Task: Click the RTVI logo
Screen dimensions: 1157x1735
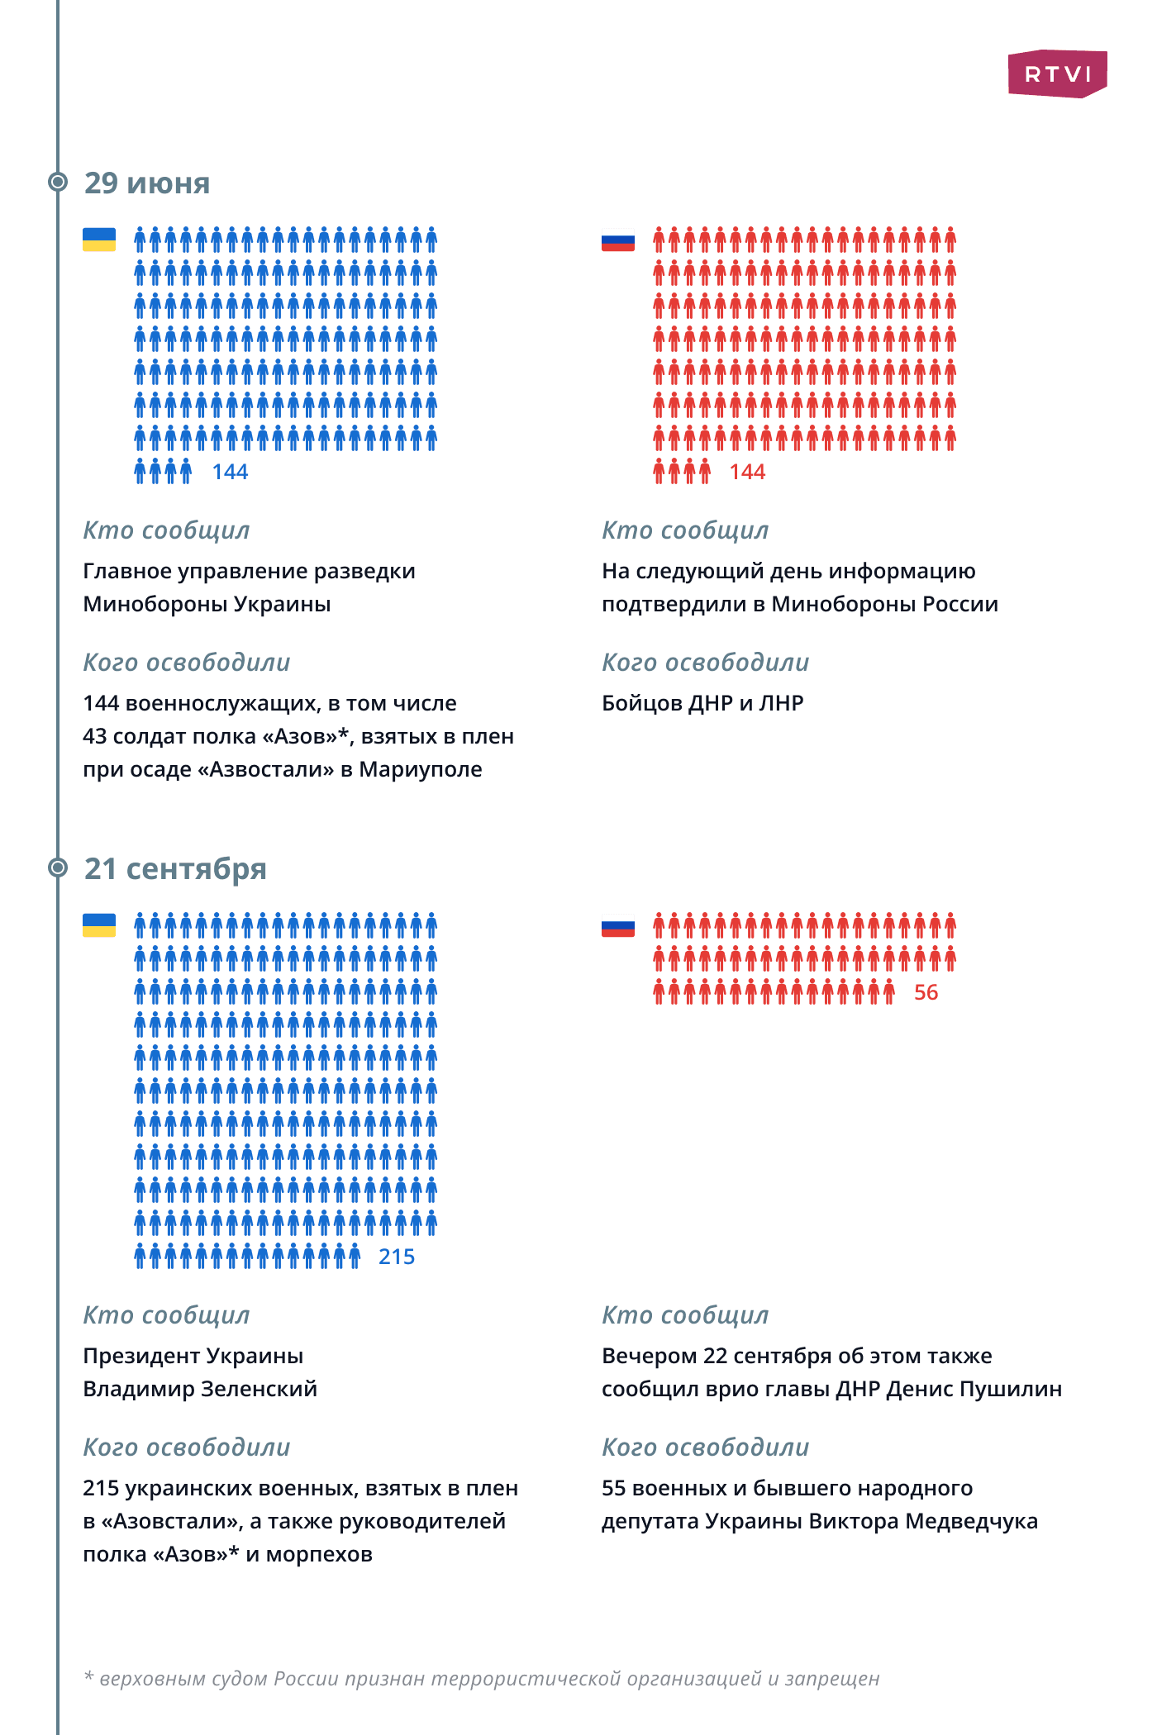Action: (x=1057, y=74)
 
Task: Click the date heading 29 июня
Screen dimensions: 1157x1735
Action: (x=147, y=183)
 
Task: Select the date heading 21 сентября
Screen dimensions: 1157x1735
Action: (x=175, y=869)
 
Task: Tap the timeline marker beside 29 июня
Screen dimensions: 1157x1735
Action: (x=58, y=182)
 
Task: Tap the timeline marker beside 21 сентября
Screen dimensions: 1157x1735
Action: (x=58, y=867)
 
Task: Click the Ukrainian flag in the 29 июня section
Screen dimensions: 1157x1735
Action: (x=99, y=240)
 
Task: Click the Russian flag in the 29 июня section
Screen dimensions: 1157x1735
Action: (x=618, y=240)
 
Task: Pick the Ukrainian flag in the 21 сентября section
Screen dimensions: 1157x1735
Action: (x=99, y=925)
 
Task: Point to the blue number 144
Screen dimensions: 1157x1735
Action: (x=230, y=472)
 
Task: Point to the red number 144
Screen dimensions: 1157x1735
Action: (x=747, y=472)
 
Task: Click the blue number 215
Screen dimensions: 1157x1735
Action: (x=397, y=1257)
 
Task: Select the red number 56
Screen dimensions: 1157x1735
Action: (x=926, y=992)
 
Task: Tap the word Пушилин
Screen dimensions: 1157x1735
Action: (x=1016, y=1389)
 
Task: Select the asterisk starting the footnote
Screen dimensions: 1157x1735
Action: (x=88, y=1677)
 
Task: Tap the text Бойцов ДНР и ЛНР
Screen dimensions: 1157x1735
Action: (x=702, y=703)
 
